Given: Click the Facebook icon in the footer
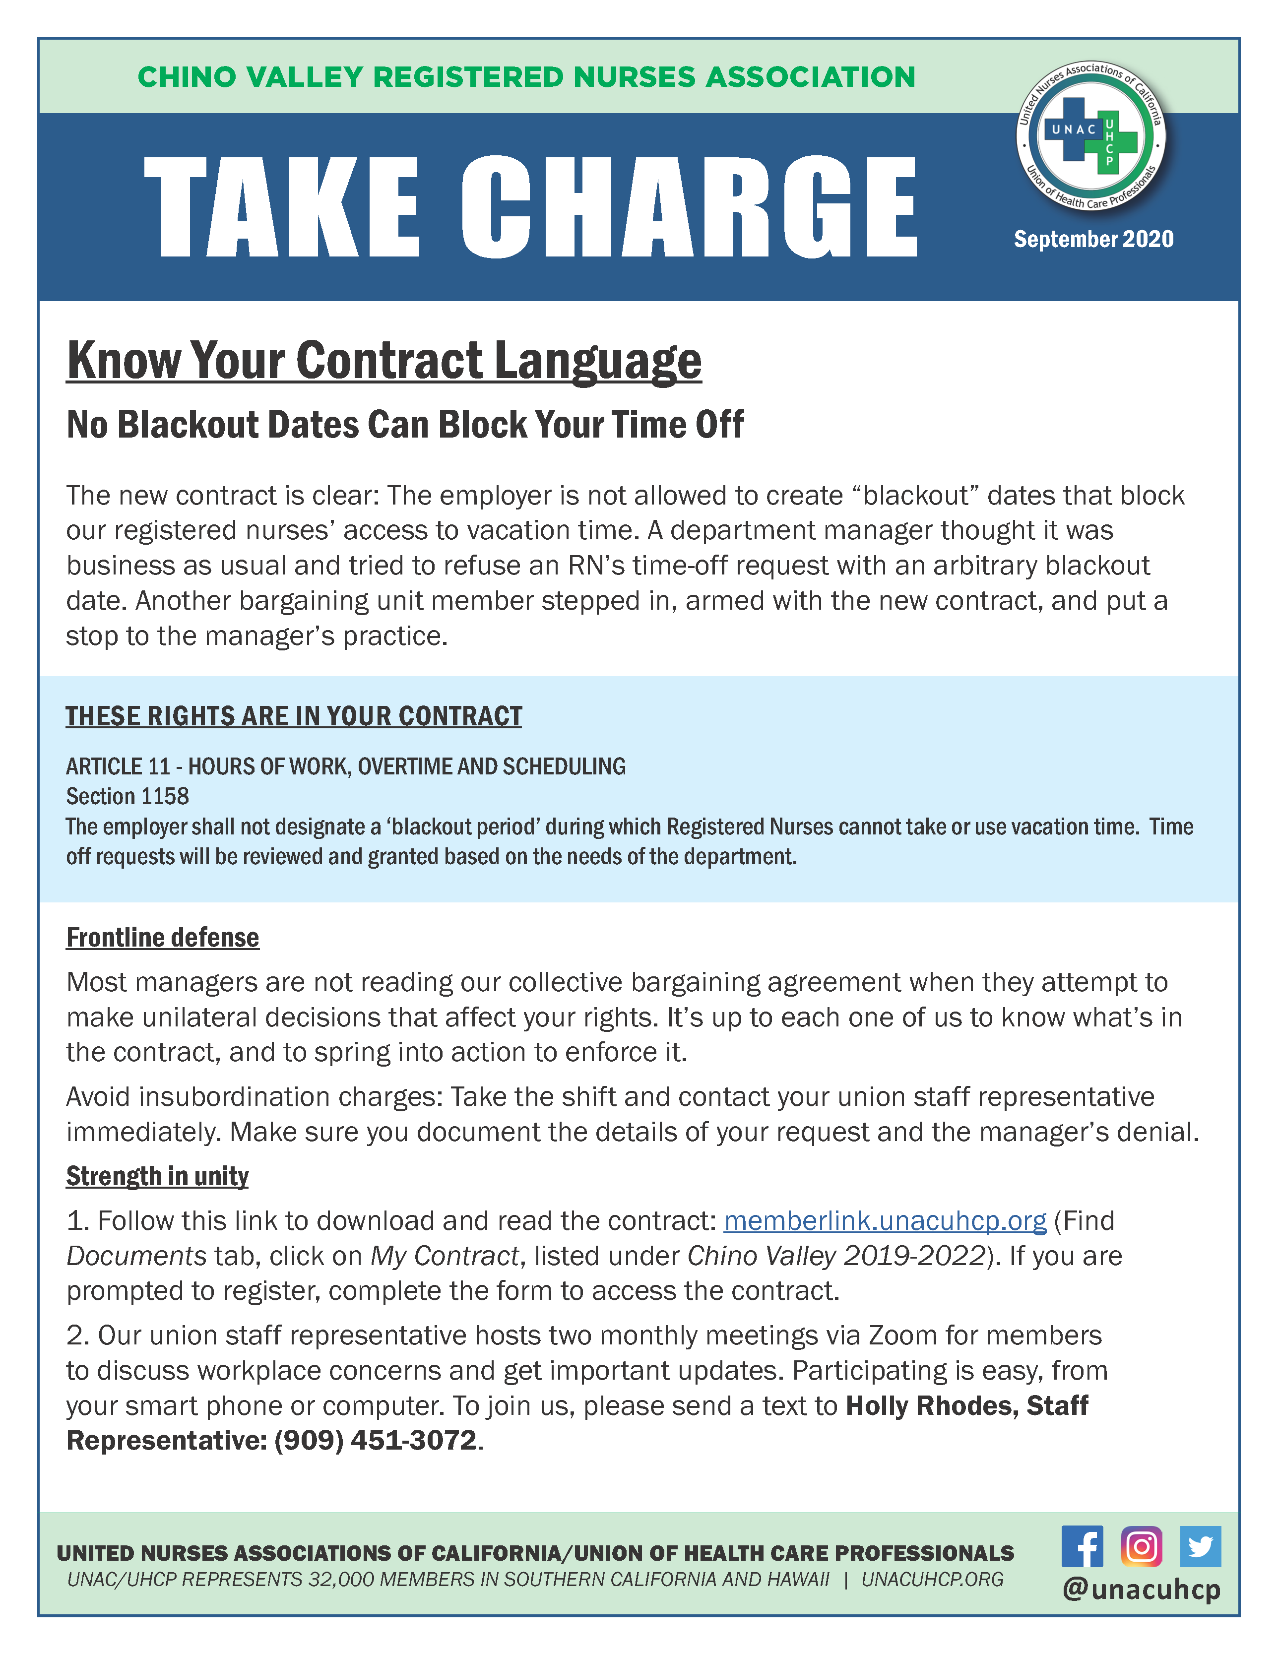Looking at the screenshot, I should click(1082, 1546).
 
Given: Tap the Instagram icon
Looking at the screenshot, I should click(1141, 1546).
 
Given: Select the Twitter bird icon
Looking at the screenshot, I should click(1200, 1546).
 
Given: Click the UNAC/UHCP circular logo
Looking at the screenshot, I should click(1091, 137).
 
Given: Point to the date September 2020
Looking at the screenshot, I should click(1093, 239).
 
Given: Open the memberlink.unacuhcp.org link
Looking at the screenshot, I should click(885, 1221).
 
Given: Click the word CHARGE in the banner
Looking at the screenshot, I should click(688, 207).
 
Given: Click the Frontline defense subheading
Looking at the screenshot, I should click(163, 938).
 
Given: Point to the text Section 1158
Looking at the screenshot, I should click(128, 796).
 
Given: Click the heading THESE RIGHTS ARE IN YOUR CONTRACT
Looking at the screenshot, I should click(294, 716).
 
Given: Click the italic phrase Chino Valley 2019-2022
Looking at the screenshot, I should click(835, 1256).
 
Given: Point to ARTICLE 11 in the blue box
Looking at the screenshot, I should click(118, 766).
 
